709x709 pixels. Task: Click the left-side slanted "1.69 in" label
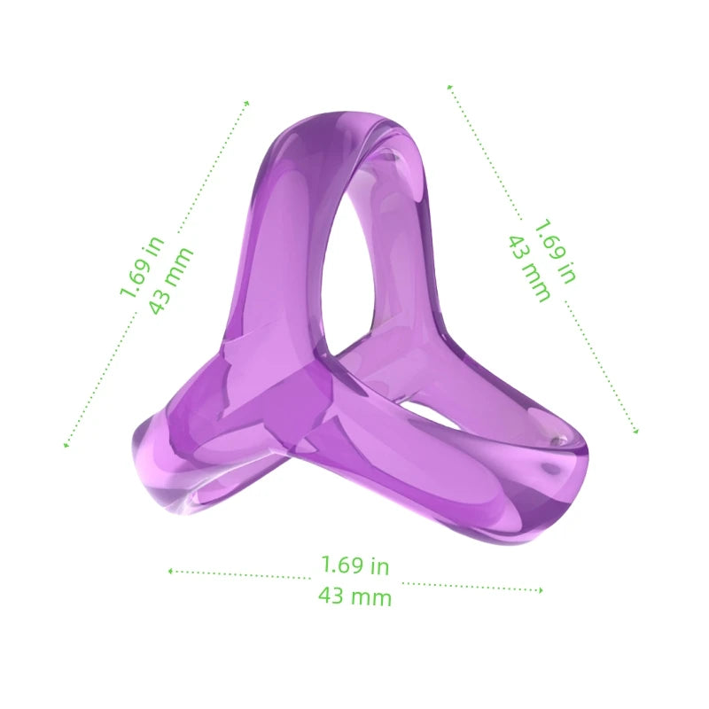coord(143,266)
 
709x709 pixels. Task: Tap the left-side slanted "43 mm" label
coord(171,280)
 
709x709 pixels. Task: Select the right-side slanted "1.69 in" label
coord(555,252)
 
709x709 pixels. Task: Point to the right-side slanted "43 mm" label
coord(529,268)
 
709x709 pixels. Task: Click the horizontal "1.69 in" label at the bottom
coord(354,565)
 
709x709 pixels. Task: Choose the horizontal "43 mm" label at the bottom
coord(354,596)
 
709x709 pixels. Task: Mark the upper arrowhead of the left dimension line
coord(247,103)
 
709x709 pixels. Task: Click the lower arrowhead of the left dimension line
coord(66,445)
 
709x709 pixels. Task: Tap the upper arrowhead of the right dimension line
coord(450,87)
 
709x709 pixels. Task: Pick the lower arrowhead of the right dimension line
coord(635,432)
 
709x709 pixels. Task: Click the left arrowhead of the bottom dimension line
coord(170,572)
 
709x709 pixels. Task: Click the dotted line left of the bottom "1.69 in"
coord(239,575)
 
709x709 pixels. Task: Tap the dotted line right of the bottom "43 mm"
coord(470,585)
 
